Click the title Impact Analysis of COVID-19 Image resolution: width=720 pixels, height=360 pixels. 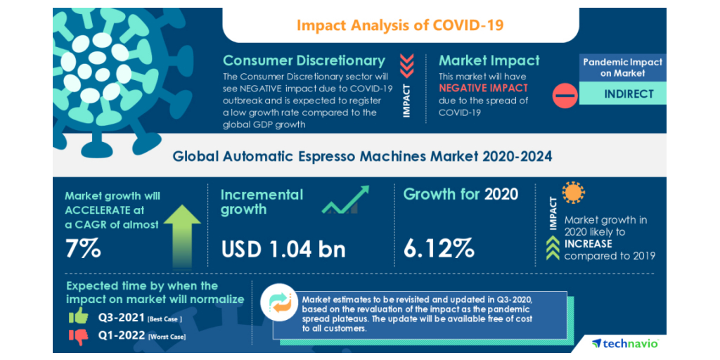click(x=400, y=26)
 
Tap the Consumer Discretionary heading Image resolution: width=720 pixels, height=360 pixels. click(x=304, y=60)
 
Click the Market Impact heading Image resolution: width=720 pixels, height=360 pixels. click(x=489, y=60)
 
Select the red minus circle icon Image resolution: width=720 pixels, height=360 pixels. click(x=565, y=95)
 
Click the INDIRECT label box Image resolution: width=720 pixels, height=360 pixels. click(x=622, y=94)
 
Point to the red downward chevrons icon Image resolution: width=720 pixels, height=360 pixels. click(x=406, y=65)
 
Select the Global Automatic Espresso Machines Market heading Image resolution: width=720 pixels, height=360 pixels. click(x=362, y=156)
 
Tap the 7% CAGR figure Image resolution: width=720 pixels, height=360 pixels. click(x=83, y=248)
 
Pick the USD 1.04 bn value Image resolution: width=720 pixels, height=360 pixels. click(x=283, y=248)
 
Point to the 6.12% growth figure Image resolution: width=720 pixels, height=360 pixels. click(x=439, y=248)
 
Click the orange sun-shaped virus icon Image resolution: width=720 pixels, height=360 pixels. click(x=573, y=193)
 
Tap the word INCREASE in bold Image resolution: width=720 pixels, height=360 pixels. click(x=588, y=244)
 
